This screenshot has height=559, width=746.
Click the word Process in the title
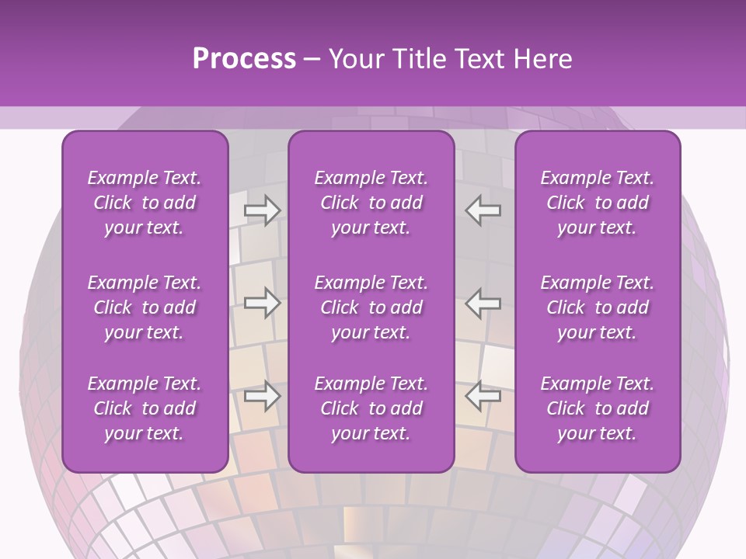tap(244, 59)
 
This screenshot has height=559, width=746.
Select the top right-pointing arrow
tap(262, 210)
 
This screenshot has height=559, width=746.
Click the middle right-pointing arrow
tap(262, 303)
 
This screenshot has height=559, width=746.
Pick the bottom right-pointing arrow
tap(262, 396)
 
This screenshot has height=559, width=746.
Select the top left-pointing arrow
tap(483, 210)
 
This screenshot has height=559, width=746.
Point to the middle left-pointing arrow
tap(483, 303)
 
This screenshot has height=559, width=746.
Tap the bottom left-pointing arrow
tap(483, 396)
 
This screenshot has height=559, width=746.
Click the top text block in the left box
tap(145, 203)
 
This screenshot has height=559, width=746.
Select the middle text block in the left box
tap(145, 307)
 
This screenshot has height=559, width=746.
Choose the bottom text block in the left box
tap(145, 408)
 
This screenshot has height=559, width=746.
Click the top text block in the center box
tap(371, 203)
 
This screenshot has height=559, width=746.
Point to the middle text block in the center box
tap(371, 307)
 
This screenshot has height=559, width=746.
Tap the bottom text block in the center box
tap(371, 408)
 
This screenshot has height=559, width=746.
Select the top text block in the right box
tap(598, 203)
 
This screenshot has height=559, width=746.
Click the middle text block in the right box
tap(598, 307)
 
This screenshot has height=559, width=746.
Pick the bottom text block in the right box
tap(598, 408)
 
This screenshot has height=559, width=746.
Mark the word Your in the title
tap(354, 59)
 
